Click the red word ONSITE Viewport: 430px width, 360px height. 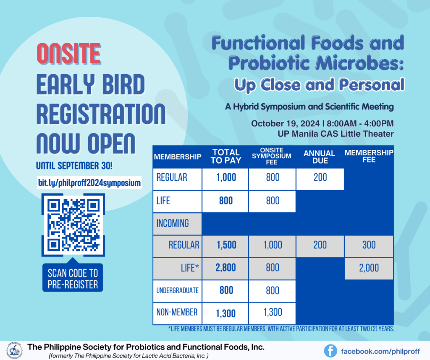pos(69,54)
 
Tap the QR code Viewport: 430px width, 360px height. pos(73,225)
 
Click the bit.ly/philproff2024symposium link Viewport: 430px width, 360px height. pos(89,183)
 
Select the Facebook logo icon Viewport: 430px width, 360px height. pos(330,351)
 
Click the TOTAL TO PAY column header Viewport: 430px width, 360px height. pos(225,157)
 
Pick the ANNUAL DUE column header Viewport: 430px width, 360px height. pos(320,157)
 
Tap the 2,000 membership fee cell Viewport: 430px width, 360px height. pos(369,268)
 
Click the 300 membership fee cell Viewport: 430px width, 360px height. pos(369,245)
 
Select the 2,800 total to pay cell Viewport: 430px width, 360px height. pos(225,268)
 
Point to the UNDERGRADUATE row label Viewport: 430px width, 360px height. pos(178,291)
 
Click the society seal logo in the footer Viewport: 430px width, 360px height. pos(15,350)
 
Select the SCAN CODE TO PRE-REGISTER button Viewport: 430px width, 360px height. pos(73,278)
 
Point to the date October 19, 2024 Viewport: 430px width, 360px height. pos(285,123)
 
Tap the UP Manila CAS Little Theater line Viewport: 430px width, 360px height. pos(336,134)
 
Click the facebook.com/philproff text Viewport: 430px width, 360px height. pos(380,352)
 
